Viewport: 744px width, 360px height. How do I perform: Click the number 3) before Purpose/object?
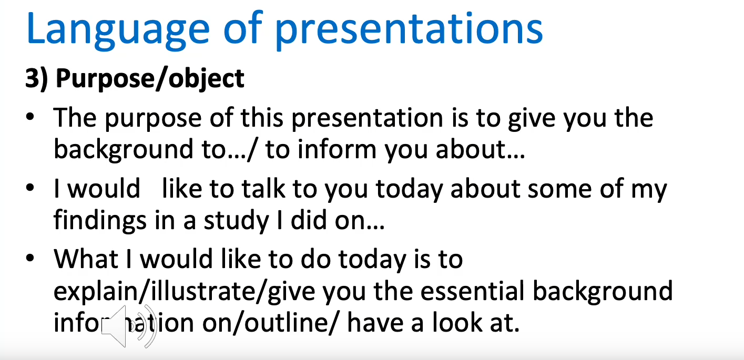[x=36, y=79]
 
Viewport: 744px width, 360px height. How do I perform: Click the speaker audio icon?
[x=129, y=326]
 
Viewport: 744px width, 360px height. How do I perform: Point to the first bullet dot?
[x=30, y=117]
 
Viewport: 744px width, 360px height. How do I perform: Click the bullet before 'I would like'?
[x=30, y=188]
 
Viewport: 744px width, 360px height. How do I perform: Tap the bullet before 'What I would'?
[x=30, y=258]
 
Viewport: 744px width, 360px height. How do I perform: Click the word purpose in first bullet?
[x=154, y=119]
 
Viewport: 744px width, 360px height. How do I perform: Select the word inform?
[x=337, y=149]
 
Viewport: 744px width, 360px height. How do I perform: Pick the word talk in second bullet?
[x=263, y=189]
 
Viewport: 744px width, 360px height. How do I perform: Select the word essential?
[x=472, y=291]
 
